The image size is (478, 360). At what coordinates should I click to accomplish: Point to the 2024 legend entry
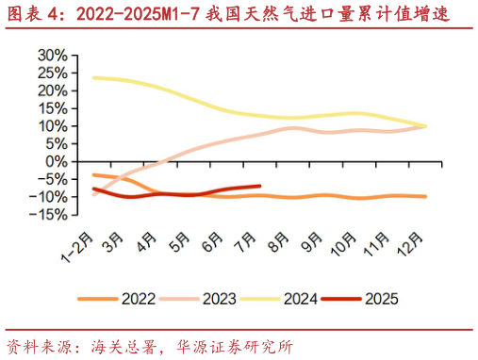point(300,300)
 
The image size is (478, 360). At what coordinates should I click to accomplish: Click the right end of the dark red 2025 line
point(259,186)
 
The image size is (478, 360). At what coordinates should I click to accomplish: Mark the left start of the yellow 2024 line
point(93,77)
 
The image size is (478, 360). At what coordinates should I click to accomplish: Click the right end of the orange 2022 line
point(426,196)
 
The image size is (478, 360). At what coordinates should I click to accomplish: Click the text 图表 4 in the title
point(32,15)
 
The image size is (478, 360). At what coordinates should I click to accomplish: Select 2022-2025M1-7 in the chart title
point(136,15)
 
